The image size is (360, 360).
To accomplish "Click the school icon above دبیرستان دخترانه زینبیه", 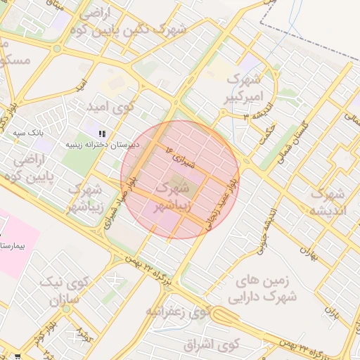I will pyautogui.click(x=103, y=133).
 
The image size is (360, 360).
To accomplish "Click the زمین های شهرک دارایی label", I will pyautogui.click(x=266, y=289).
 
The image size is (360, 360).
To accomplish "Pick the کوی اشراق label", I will pyautogui.click(x=210, y=345).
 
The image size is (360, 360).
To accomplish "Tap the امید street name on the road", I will pyautogui.click(x=82, y=85).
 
